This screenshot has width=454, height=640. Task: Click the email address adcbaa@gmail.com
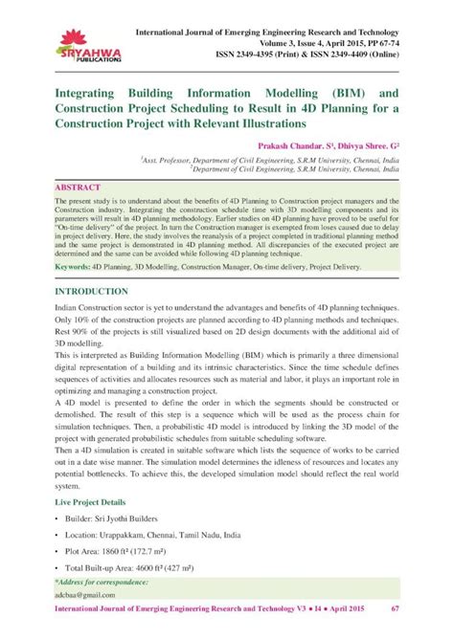pos(86,594)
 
